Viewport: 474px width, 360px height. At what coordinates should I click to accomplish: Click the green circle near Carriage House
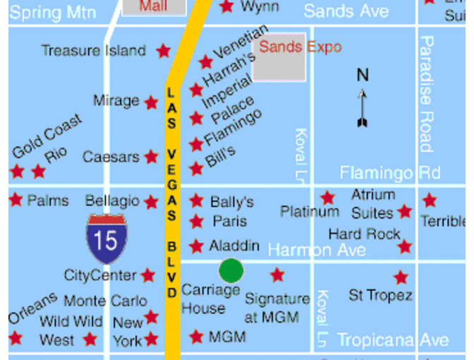pos(231,270)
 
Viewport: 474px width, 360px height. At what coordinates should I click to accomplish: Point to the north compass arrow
pos(363,106)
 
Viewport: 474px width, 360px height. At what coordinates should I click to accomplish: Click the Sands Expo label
pos(300,47)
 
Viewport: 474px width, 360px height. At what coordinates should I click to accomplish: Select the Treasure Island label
pos(93,51)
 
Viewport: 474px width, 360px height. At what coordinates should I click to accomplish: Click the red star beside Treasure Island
pos(164,51)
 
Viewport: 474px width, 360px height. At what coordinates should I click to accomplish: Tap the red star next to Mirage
pos(151,102)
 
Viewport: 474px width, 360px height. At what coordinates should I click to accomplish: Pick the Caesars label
pos(111,157)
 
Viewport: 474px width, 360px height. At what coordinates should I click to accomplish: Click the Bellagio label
pos(112,201)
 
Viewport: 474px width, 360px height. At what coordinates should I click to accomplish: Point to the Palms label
pos(48,200)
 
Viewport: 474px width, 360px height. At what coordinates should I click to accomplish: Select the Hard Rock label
pos(364,234)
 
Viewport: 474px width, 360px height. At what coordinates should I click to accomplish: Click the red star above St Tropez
pos(401,277)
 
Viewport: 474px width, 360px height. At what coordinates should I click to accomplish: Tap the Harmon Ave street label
pos(317,250)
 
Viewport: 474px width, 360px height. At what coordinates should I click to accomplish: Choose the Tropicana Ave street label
pos(393,340)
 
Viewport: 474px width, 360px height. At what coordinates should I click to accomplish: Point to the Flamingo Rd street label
pos(389,173)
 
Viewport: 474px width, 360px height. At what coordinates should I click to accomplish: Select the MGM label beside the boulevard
pos(227,337)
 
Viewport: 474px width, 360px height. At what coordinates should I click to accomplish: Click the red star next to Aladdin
pos(197,246)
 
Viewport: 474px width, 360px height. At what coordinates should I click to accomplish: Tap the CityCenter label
pos(100,275)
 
